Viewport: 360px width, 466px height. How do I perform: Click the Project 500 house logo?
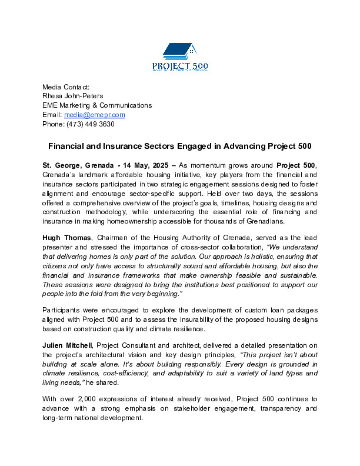[x=179, y=56]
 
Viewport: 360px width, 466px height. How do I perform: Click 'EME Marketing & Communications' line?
[x=96, y=105]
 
